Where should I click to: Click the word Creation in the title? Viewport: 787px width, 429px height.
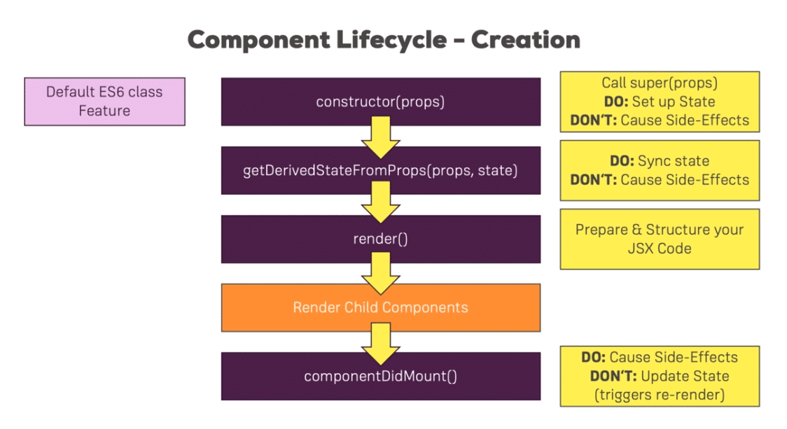(526, 40)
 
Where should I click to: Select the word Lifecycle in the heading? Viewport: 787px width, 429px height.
(391, 40)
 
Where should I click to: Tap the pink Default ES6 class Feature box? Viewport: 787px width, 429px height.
(104, 101)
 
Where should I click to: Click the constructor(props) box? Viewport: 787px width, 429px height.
(380, 101)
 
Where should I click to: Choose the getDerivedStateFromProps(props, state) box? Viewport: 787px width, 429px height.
(380, 170)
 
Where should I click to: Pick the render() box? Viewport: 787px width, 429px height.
(380, 239)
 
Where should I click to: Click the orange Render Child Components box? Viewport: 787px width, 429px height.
(380, 307)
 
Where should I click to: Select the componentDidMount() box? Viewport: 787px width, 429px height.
(380, 376)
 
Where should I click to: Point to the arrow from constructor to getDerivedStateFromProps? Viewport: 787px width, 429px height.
(380, 137)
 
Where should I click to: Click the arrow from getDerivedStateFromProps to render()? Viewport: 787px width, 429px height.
(380, 202)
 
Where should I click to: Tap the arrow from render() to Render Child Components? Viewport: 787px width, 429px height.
(380, 273)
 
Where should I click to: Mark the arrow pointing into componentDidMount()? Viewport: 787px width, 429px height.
(380, 344)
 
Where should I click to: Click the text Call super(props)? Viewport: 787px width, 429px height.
(660, 83)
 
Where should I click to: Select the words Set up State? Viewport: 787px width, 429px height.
(674, 101)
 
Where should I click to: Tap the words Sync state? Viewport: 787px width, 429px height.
(674, 160)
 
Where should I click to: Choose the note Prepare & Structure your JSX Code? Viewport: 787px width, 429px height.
(660, 239)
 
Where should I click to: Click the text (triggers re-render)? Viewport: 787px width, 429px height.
(660, 395)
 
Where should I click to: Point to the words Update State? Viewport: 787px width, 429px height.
(685, 376)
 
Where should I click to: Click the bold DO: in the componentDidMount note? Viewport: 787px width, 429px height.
(593, 357)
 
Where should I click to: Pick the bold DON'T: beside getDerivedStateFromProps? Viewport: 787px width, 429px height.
(593, 180)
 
